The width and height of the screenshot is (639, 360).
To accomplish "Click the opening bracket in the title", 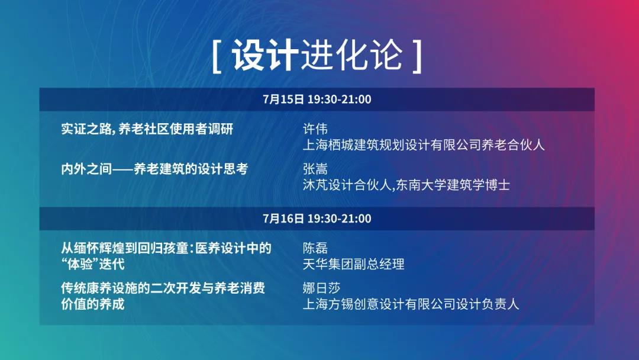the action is click(217, 56).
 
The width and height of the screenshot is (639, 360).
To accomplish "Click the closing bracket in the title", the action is click(417, 56).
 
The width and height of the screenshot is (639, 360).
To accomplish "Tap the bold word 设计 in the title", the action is click(265, 56).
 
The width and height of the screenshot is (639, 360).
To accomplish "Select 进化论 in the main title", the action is click(352, 56).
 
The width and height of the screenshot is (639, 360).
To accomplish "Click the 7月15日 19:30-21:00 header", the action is click(317, 99).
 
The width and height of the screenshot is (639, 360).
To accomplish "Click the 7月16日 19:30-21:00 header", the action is click(317, 219).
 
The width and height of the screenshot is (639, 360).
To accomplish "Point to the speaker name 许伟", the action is click(315, 129).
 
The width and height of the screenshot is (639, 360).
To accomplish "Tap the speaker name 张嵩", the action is click(315, 169).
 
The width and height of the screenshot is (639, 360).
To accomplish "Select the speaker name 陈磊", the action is click(315, 248).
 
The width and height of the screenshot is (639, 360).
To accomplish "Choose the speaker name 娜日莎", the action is click(321, 288).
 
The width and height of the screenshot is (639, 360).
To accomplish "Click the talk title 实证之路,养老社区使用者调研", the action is click(147, 129).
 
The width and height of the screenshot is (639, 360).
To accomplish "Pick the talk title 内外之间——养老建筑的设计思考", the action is click(154, 169).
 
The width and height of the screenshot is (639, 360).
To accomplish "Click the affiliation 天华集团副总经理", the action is click(353, 264).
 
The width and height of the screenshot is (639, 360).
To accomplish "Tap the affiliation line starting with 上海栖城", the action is click(424, 145).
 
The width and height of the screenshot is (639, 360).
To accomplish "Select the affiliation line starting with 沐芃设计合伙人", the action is click(406, 185).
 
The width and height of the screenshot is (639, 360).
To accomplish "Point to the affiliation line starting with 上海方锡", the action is click(411, 304).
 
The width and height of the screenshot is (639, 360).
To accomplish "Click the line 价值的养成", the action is click(92, 304).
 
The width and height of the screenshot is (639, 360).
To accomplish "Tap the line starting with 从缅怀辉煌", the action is click(166, 248).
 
